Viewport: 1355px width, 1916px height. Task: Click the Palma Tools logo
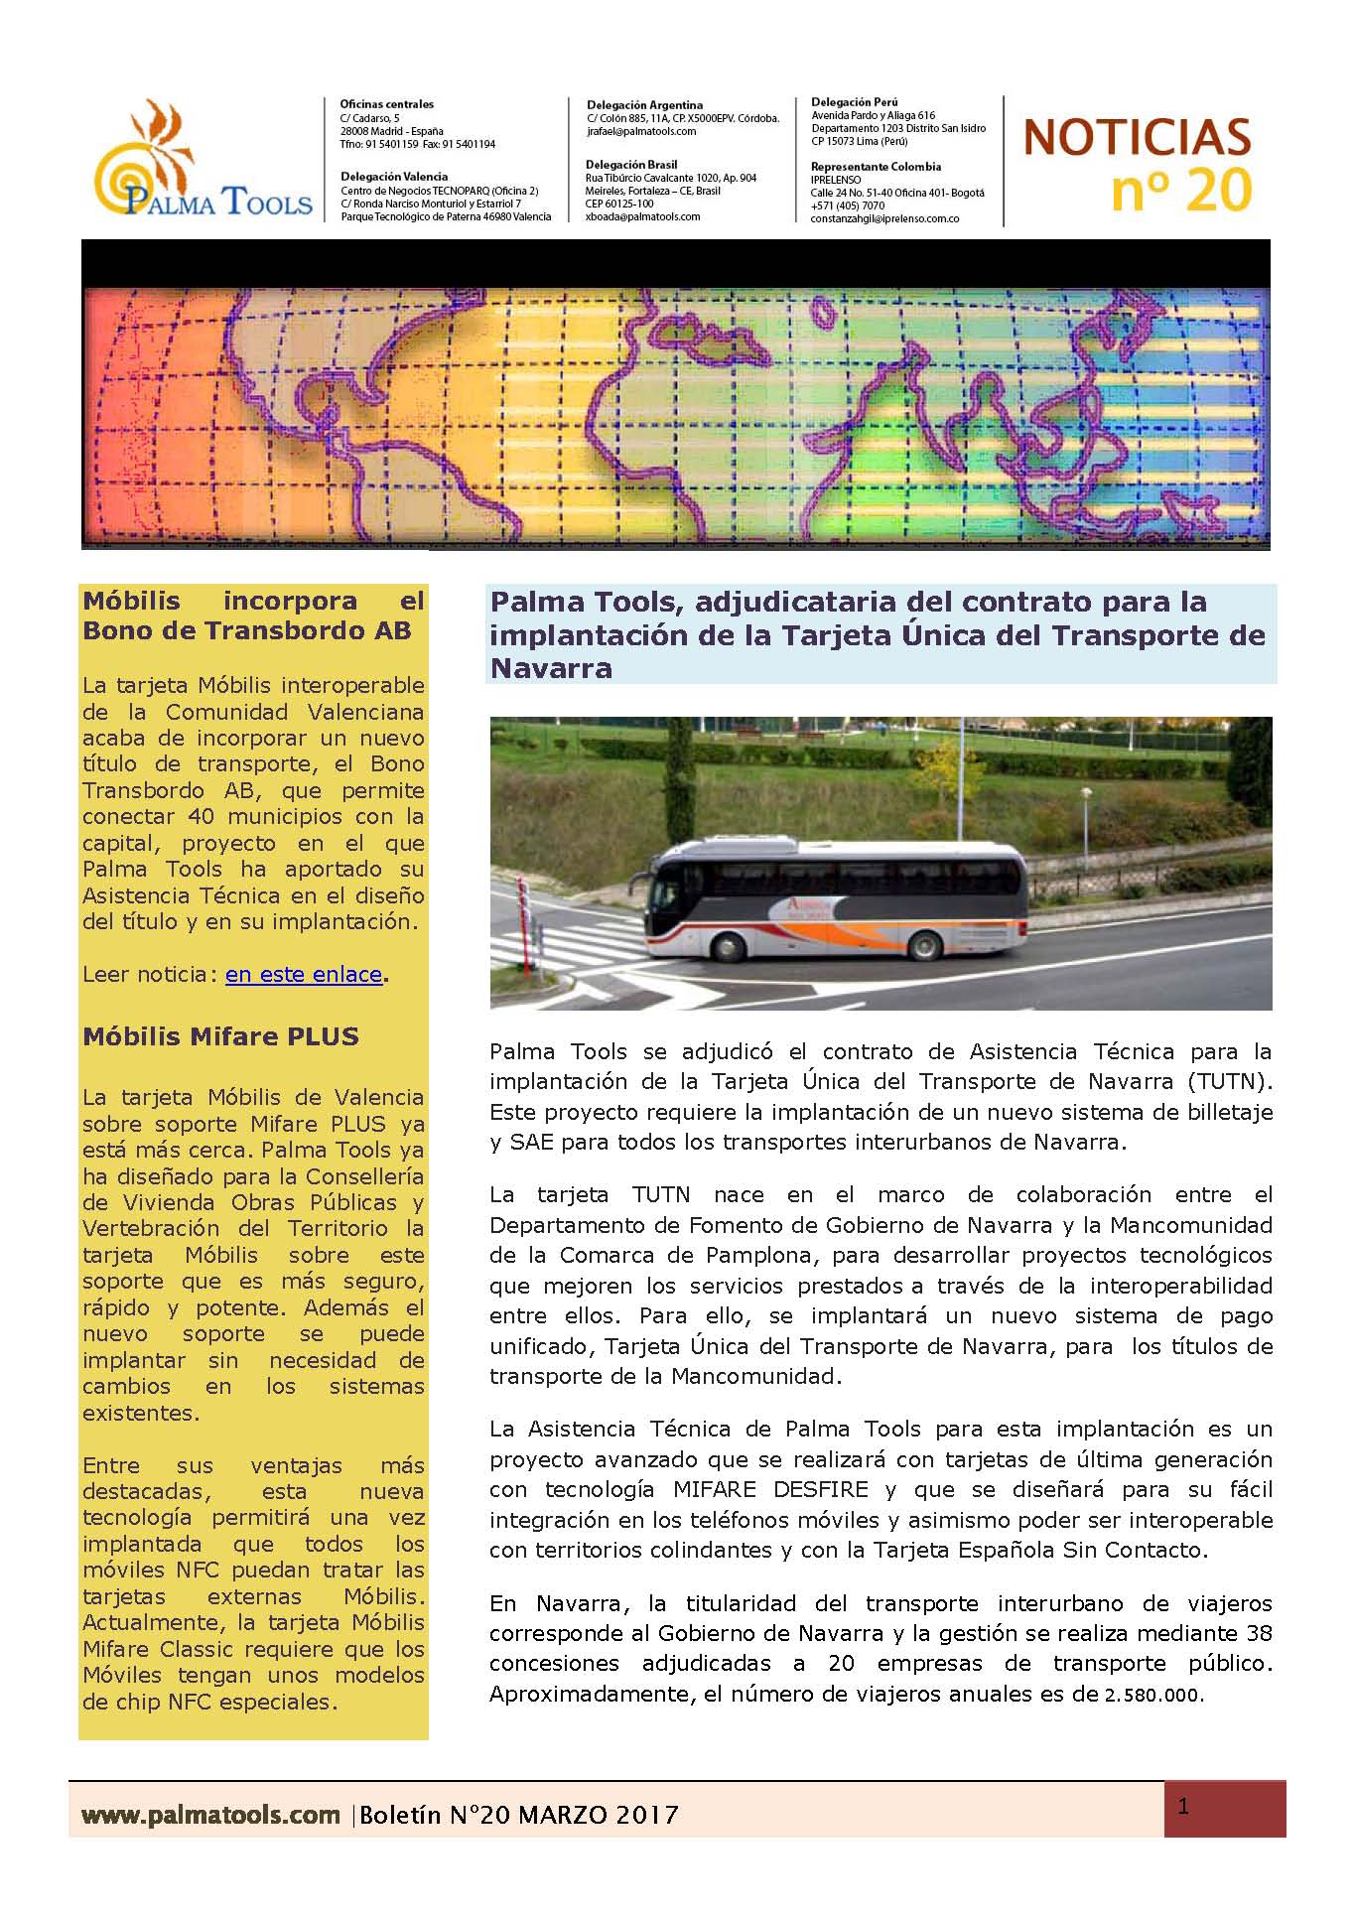[203, 162]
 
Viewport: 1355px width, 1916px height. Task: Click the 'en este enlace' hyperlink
[303, 975]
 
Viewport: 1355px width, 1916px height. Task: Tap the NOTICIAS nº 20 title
[1137, 164]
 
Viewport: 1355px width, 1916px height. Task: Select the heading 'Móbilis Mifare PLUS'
[220, 1036]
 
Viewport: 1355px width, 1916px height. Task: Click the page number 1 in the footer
[1183, 1807]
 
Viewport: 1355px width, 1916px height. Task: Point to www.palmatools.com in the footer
[210, 1815]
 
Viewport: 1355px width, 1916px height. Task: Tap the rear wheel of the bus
[929, 943]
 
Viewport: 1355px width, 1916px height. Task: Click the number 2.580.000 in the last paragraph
[1152, 1696]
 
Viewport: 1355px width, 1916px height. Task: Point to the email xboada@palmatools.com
[643, 216]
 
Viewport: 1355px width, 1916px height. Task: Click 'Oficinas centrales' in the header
[387, 104]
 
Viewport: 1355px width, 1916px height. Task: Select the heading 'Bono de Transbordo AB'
[246, 631]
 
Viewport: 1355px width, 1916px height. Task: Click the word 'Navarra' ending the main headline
[551, 668]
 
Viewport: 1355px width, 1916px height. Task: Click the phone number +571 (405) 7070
[848, 205]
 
